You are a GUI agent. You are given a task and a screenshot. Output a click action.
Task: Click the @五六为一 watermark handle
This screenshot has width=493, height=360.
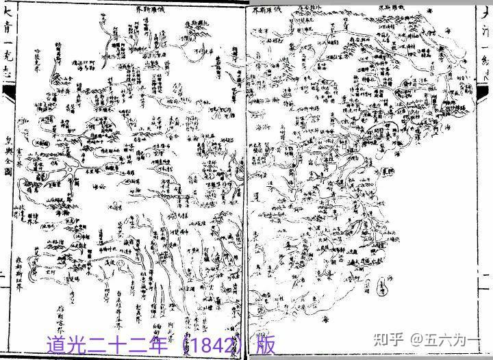[455, 337]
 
